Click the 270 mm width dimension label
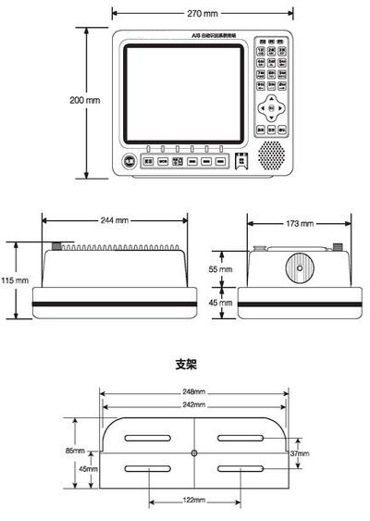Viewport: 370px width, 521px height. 204,14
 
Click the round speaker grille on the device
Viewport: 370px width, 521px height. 271,155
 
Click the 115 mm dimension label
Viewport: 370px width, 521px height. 15,279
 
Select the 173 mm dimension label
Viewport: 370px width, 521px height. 300,223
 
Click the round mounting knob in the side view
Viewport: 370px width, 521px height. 300,269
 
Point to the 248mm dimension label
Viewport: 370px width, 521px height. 194,391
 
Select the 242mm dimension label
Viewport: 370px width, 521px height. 194,405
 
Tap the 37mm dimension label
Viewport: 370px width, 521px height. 299,453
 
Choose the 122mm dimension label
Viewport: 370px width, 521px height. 193,499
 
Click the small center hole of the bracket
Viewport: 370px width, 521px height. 193,453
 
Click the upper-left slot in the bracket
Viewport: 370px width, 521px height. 149,438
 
